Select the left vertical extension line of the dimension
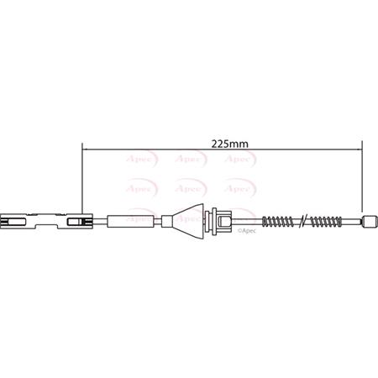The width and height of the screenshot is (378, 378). (x=82, y=181)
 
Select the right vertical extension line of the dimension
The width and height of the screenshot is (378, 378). (x=362, y=181)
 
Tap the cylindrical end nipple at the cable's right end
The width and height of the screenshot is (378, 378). (x=367, y=222)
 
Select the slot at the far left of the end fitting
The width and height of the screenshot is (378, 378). (x=12, y=222)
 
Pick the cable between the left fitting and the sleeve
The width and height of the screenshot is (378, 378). (x=103, y=222)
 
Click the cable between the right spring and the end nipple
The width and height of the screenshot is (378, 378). (x=349, y=222)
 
